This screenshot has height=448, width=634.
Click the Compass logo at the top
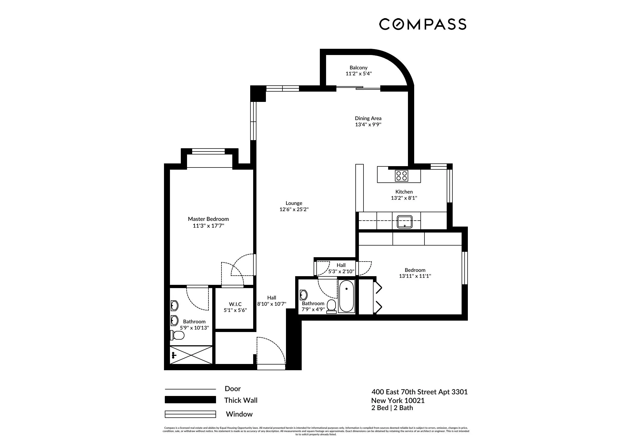tap(423, 24)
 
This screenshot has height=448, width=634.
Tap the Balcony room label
tap(358, 68)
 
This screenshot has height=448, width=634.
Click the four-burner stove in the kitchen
tap(401, 176)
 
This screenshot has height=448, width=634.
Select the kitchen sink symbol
tap(404, 222)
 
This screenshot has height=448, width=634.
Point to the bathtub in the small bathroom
tap(346, 296)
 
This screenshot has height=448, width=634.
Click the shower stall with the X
tap(191, 355)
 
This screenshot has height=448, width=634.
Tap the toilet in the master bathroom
tap(177, 335)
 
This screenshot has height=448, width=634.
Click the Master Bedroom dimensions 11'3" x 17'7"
tap(208, 226)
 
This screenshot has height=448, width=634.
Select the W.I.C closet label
tap(235, 304)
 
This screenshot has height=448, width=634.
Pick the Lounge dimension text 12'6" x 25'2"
tap(294, 209)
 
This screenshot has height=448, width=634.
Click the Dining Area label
tap(368, 118)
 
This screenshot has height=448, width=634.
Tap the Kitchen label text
tap(404, 192)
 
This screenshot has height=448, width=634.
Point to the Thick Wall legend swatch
tap(190, 400)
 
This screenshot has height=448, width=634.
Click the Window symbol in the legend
tap(190, 414)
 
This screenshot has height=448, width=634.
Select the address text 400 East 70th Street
tap(419, 392)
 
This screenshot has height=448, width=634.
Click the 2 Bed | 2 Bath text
tap(392, 408)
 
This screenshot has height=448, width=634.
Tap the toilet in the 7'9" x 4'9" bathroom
tap(331, 307)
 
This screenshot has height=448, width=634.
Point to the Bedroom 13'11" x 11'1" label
tap(415, 270)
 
